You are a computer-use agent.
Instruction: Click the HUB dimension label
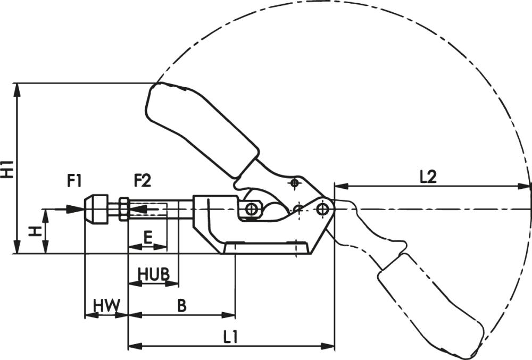click(x=153, y=274)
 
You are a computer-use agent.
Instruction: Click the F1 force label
click(x=74, y=181)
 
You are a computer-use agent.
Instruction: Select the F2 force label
click(x=142, y=181)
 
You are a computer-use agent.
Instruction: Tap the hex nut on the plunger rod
click(x=123, y=209)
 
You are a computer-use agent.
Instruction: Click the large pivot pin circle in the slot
click(x=252, y=209)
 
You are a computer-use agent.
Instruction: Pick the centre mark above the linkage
click(x=294, y=183)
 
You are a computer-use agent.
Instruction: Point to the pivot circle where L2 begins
click(x=322, y=208)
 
